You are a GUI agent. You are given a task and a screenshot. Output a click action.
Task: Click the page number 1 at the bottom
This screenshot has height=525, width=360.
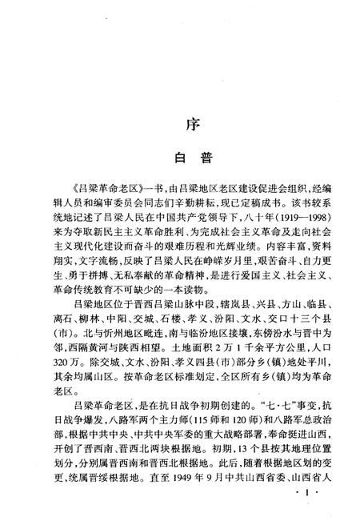pos(312,507)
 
